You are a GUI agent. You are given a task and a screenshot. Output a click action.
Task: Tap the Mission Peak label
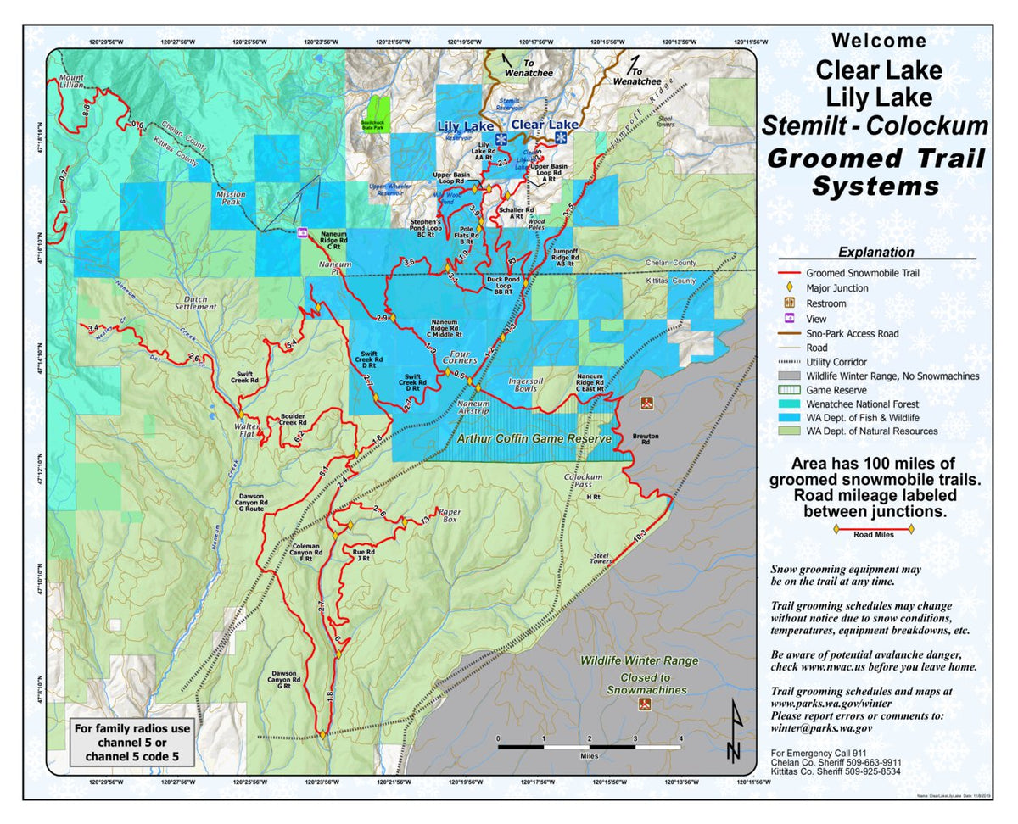[230, 198]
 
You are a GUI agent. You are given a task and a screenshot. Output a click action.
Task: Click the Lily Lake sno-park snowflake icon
[501, 138]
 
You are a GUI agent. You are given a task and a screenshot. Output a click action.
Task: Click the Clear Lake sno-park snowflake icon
[561, 137]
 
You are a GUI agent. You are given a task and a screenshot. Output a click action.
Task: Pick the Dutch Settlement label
[196, 303]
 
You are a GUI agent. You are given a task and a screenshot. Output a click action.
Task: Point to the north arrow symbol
[735, 732]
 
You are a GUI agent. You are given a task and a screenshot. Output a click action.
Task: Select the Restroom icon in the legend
[789, 303]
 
